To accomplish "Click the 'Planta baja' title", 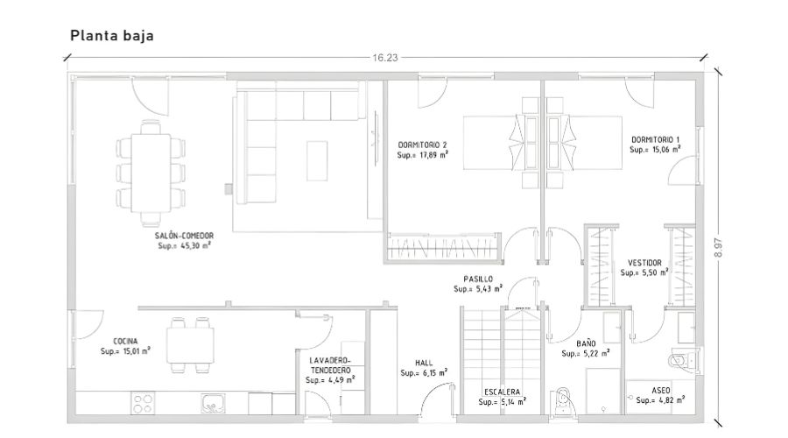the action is tap(111, 36).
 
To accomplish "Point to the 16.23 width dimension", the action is tap(385, 58).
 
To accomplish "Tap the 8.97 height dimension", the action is tap(718, 247).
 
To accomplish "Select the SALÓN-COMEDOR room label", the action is tap(184, 236).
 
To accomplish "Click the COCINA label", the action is tap(125, 341).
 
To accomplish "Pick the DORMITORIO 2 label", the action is tap(422, 145).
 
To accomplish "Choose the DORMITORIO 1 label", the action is tap(655, 139).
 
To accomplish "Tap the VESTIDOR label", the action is tap(644, 263).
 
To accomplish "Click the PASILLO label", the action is tap(478, 279).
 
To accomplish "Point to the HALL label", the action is tap(424, 363).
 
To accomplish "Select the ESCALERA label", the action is tap(502, 392).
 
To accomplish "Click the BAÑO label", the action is tap(586, 343).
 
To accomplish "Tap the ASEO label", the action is tap(660, 390).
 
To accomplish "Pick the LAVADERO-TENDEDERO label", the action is tap(330, 365).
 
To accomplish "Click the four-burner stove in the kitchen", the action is tap(143, 403).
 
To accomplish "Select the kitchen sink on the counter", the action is tap(214, 403).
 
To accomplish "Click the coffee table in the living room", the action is tap(317, 161).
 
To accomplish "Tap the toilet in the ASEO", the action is tap(682, 361).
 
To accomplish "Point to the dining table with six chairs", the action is tap(151, 173).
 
